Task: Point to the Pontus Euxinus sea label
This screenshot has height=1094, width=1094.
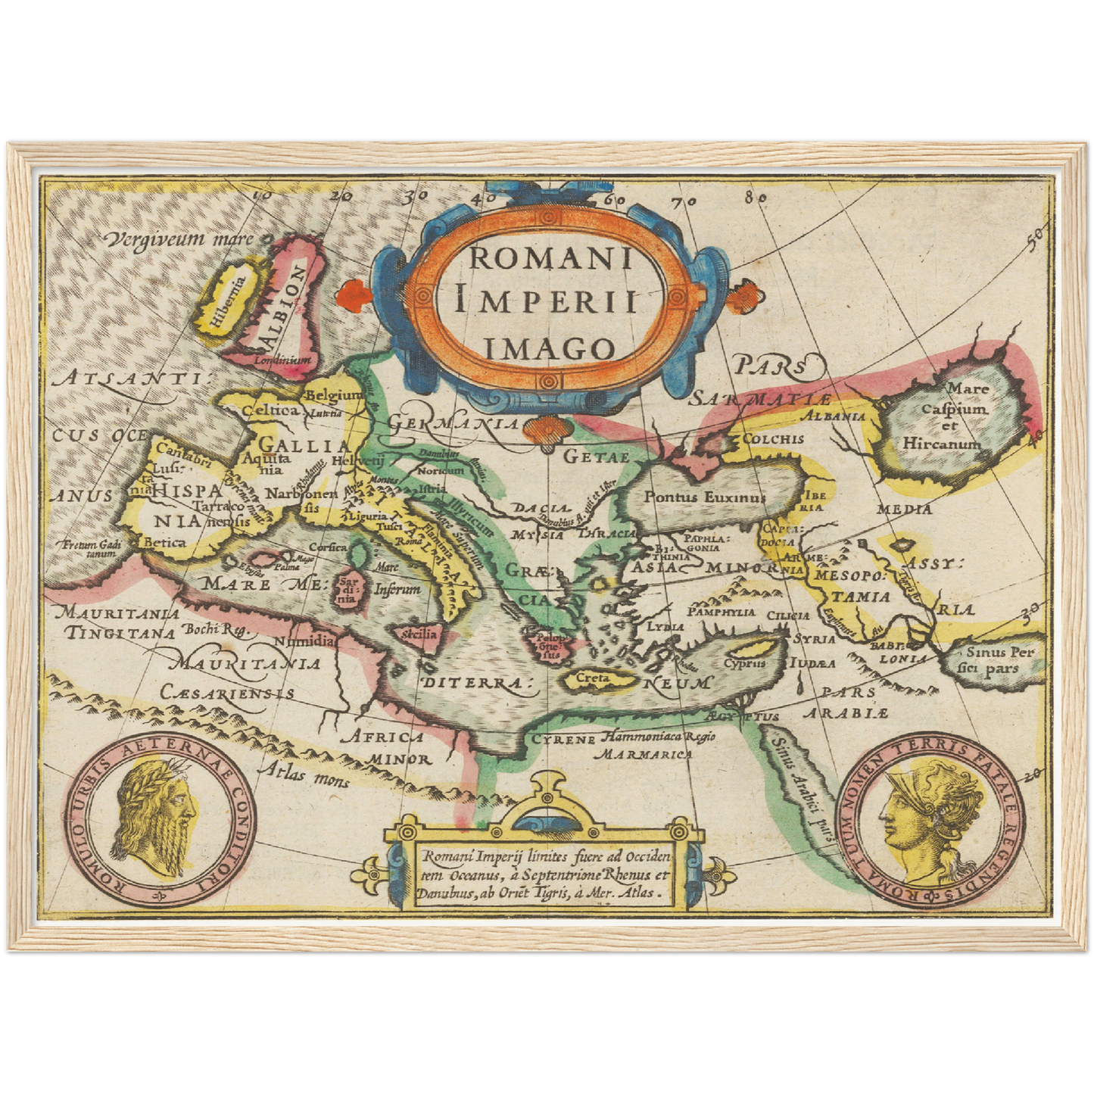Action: (704, 497)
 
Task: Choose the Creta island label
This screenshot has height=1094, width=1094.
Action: (593, 678)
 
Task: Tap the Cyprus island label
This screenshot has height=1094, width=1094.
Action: (744, 663)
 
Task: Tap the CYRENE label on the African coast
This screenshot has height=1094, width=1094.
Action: (563, 739)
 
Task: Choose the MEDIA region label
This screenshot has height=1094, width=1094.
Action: (904, 509)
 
